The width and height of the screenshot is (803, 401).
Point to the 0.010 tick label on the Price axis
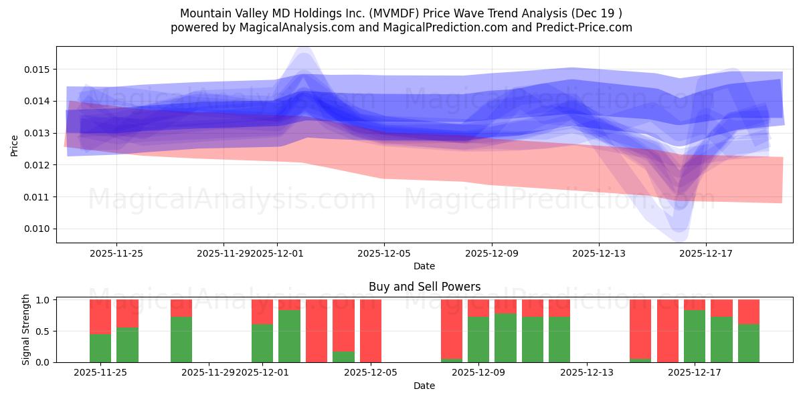tap(37, 229)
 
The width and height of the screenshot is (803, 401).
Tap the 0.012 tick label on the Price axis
tap(37, 165)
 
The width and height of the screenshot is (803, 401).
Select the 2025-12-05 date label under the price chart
tap(384, 253)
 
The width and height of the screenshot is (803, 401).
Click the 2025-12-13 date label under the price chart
tap(598, 253)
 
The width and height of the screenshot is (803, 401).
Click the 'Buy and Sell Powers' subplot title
tap(424, 287)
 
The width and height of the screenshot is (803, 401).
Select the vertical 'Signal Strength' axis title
tap(26, 329)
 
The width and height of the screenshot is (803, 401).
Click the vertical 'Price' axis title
tap(15, 145)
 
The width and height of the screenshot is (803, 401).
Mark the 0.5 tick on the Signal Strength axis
tap(42, 331)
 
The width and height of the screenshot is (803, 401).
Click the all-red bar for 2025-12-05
tap(371, 331)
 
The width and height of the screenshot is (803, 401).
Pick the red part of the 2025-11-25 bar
tap(100, 316)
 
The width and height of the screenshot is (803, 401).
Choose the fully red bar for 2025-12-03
tap(317, 331)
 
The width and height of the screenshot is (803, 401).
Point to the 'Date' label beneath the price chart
tap(424, 266)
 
